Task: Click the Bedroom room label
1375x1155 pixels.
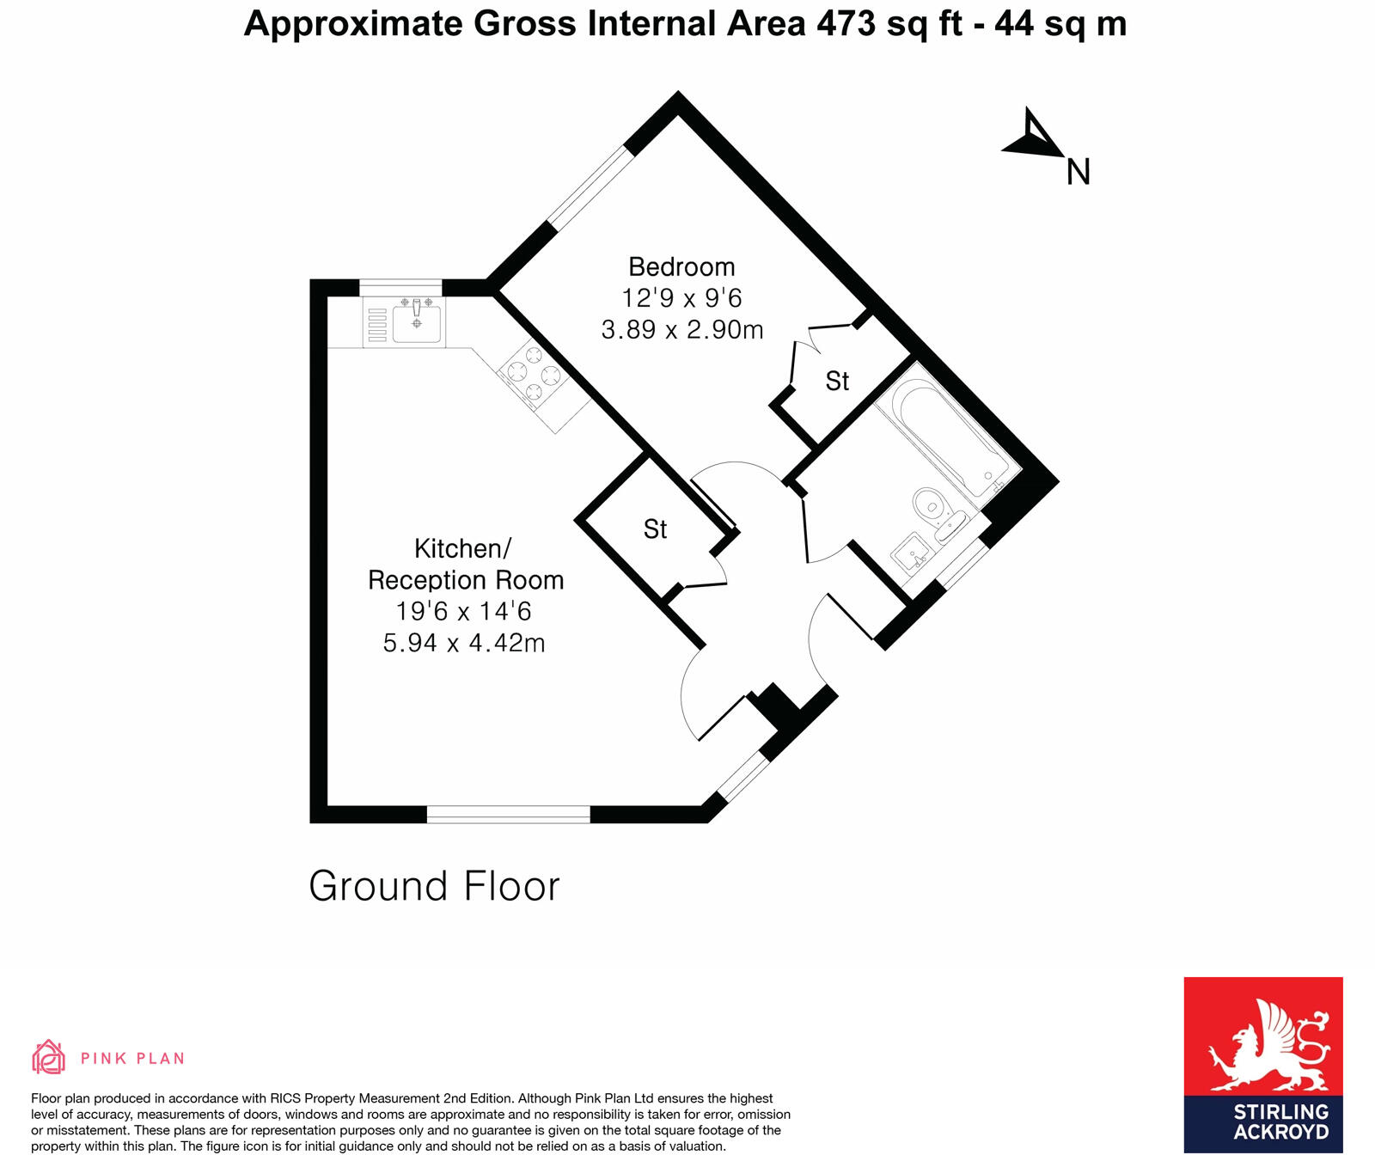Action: tap(681, 266)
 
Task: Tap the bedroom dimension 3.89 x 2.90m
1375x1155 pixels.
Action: tap(681, 330)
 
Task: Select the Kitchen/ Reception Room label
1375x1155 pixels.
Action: tap(465, 564)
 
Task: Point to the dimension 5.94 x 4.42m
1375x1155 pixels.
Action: tap(464, 643)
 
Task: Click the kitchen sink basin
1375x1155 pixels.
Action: tap(418, 323)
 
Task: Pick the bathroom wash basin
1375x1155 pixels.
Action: tap(911, 553)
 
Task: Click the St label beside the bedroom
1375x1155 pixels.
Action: tap(837, 381)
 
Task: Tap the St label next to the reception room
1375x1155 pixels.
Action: tap(655, 529)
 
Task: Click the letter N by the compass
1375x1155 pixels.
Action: tap(1078, 173)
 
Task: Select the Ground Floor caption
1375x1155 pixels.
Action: tap(434, 886)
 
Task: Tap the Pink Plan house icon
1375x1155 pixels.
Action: tap(48, 1057)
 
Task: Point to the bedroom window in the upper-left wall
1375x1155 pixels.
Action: tap(590, 187)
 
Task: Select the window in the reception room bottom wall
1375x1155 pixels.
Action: tap(509, 814)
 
